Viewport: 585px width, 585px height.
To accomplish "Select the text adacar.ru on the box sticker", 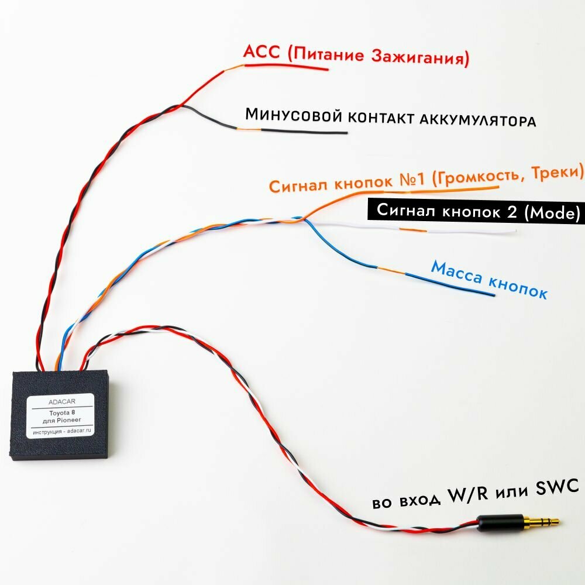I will click(76, 431).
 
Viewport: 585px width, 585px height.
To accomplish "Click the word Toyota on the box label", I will click(56, 412).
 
